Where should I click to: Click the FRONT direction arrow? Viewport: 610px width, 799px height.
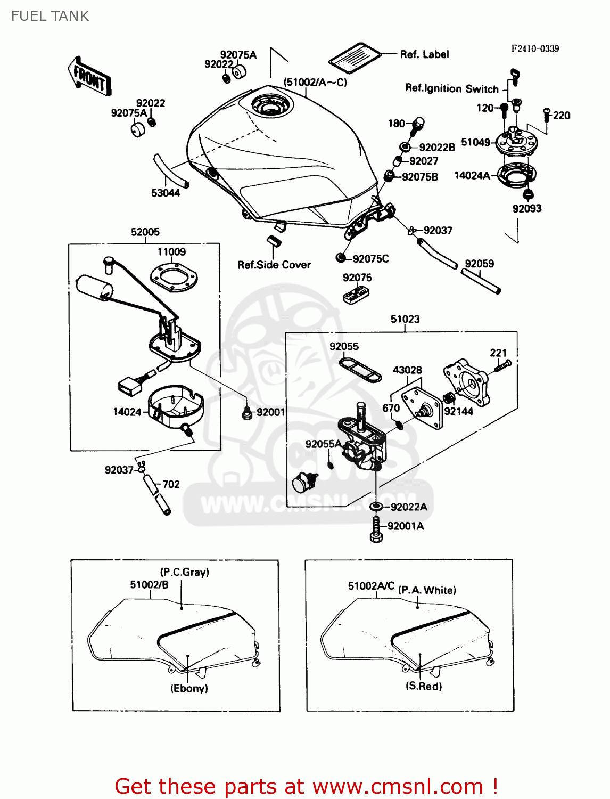pyautogui.click(x=89, y=77)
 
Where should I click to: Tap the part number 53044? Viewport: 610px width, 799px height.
pyautogui.click(x=165, y=193)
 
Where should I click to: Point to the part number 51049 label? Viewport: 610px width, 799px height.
pyautogui.click(x=475, y=142)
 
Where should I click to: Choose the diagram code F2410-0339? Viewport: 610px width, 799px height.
pyautogui.click(x=535, y=48)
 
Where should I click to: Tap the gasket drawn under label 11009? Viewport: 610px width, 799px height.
pyautogui.click(x=174, y=278)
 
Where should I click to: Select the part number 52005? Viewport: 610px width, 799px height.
pyautogui.click(x=145, y=232)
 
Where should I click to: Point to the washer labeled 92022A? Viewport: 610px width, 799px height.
pyautogui.click(x=376, y=506)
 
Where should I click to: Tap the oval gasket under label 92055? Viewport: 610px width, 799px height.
pyautogui.click(x=360, y=370)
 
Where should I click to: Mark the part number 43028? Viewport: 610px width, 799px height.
pyautogui.click(x=407, y=370)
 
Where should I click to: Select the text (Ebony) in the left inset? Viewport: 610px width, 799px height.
pyautogui.click(x=189, y=688)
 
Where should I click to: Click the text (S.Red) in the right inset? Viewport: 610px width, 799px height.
pyautogui.click(x=424, y=686)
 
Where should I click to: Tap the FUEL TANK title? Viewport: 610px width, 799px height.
pyautogui.click(x=50, y=16)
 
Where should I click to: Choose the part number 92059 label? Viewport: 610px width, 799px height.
pyautogui.click(x=479, y=264)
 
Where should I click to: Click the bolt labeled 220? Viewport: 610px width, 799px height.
pyautogui.click(x=546, y=115)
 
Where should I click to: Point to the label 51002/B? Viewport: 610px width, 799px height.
pyautogui.click(x=149, y=585)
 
